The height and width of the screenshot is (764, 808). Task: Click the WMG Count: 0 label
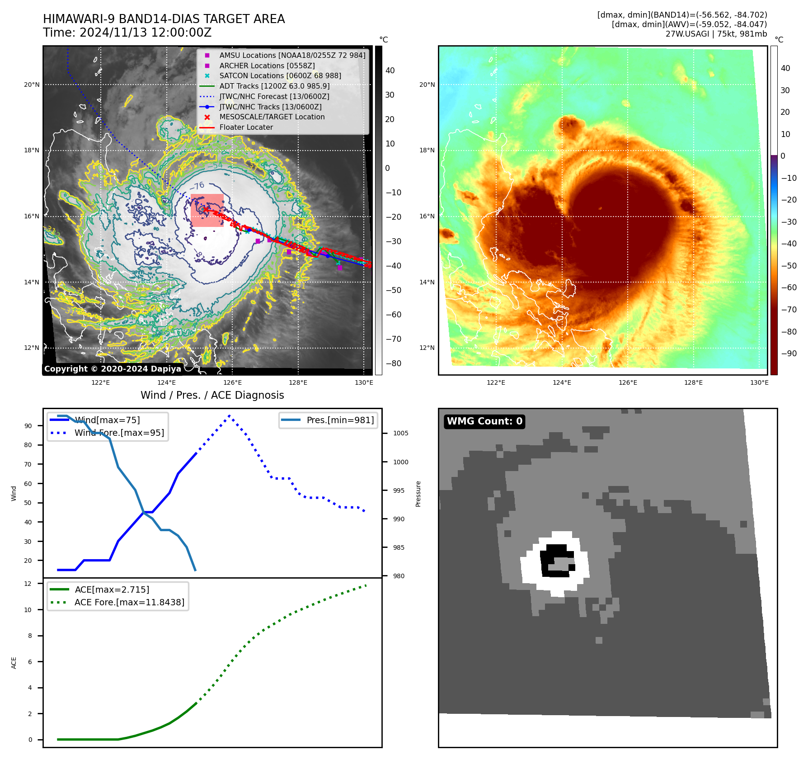click(x=484, y=421)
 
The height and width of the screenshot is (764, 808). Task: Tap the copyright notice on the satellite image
click(x=113, y=369)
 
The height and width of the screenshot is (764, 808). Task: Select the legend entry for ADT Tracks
click(x=274, y=86)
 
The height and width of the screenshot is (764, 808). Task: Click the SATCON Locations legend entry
click(x=280, y=75)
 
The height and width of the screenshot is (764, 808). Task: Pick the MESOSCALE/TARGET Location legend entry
click(x=272, y=117)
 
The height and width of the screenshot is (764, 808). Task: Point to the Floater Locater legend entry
click(x=246, y=127)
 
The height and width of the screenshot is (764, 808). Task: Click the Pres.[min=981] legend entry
click(x=340, y=420)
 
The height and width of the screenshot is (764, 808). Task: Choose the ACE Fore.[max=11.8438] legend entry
click(x=129, y=602)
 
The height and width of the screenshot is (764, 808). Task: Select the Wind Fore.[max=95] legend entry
click(x=119, y=433)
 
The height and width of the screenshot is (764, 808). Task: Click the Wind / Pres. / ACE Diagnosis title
click(x=212, y=395)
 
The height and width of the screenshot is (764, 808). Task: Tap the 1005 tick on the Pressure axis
click(x=400, y=433)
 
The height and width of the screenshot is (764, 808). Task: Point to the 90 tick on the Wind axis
click(x=28, y=426)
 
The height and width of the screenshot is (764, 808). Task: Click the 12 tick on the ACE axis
click(x=28, y=584)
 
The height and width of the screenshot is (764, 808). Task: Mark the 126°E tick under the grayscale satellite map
click(x=232, y=382)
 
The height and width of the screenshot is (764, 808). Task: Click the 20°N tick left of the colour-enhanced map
click(x=427, y=85)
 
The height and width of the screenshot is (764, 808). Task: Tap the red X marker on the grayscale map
click(x=206, y=209)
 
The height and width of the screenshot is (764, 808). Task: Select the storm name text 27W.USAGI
click(x=687, y=34)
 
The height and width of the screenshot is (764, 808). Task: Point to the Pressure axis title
click(x=418, y=494)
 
